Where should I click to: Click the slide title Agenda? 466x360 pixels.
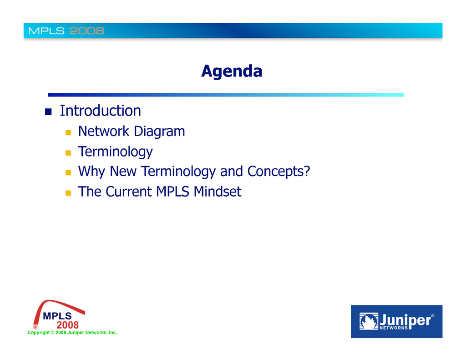point(232,71)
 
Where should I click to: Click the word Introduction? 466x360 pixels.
point(101,111)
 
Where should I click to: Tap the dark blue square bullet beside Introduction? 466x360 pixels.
point(48,112)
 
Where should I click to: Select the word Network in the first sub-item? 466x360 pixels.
point(104,131)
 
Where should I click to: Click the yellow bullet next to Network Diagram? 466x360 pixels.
point(68,132)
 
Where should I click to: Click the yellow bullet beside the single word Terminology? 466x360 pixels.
point(68,153)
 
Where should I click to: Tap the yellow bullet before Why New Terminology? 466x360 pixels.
point(68,172)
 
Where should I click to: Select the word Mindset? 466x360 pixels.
point(218,192)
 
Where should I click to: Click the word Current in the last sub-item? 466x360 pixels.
point(129,192)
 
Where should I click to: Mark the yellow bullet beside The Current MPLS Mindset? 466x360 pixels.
point(68,193)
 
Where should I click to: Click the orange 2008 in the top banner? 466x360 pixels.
point(87,31)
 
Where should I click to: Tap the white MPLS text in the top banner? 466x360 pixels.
point(46,31)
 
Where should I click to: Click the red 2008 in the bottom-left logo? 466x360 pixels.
point(68,325)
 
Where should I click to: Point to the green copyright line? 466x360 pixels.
point(72,333)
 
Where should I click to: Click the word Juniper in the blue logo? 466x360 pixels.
point(405,320)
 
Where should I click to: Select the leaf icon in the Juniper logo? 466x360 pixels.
point(369,321)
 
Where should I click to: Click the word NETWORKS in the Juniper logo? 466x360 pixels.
point(394,328)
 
